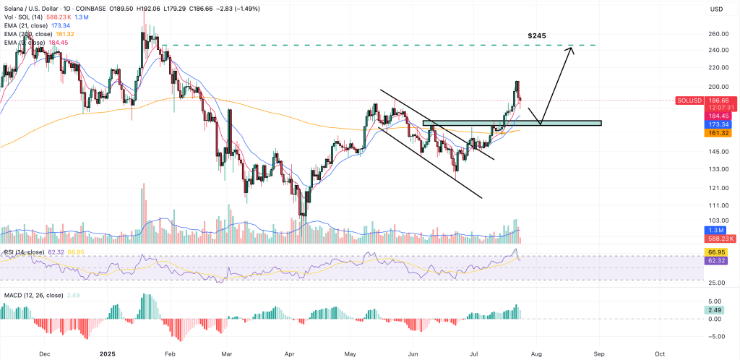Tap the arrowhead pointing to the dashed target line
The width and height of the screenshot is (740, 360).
(x=571, y=48)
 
